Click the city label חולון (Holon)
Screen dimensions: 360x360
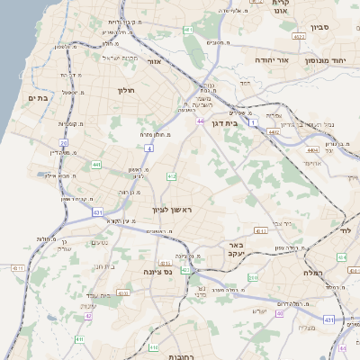click(x=125, y=90)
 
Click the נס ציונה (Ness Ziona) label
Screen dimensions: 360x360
click(x=158, y=271)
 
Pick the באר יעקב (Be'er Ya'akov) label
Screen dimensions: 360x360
click(x=237, y=248)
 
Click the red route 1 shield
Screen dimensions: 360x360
click(x=254, y=120)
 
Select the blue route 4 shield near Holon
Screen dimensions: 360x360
click(x=148, y=145)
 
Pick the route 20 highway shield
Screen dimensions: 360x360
click(x=63, y=143)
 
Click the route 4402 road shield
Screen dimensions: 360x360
click(x=274, y=132)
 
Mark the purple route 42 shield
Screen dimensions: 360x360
click(x=88, y=316)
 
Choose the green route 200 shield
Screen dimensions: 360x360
click(x=254, y=279)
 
